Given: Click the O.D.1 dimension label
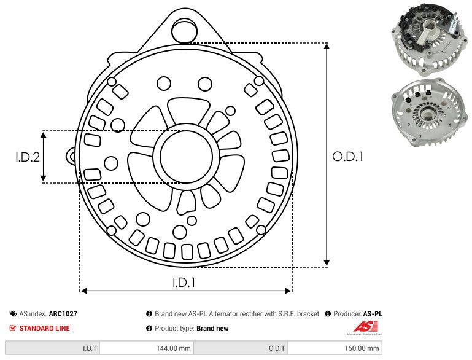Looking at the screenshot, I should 348,157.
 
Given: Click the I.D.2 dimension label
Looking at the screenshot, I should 28,157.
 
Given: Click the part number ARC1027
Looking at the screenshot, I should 63,313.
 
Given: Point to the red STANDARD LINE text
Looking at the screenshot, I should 44,328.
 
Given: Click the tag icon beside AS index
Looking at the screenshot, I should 13,313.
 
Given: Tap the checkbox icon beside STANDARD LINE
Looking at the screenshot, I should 13,328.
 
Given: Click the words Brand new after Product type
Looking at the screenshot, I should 212,328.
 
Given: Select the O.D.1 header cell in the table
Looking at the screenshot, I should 277,348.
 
